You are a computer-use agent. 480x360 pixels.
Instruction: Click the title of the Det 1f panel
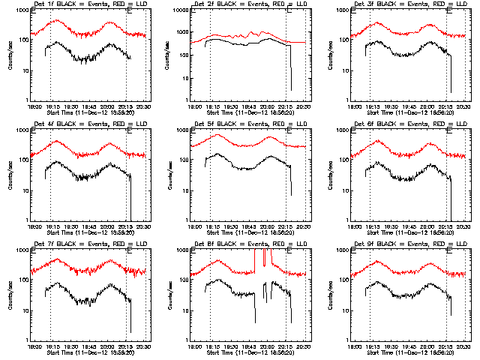tap(89, 5)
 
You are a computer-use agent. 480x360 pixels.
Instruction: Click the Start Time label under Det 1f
tap(89, 112)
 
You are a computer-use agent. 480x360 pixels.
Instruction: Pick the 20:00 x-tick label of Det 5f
tap(268, 226)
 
